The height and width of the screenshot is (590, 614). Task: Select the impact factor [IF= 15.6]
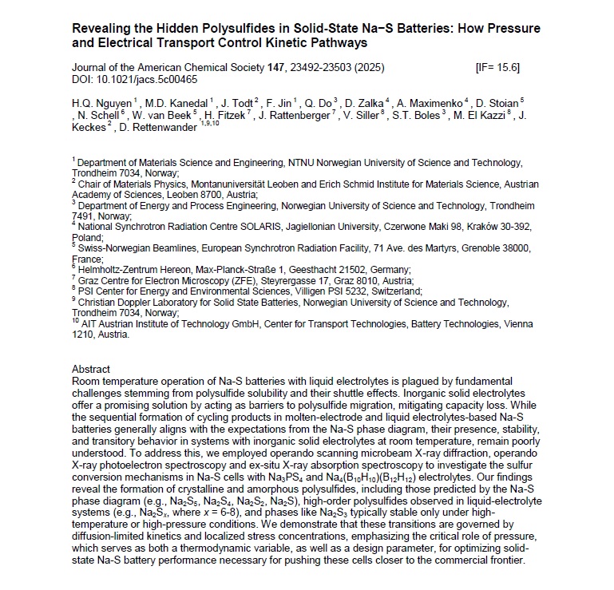[x=497, y=67]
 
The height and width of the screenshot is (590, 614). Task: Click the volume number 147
[x=279, y=67]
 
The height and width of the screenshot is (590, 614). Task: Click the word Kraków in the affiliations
[x=486, y=227]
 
